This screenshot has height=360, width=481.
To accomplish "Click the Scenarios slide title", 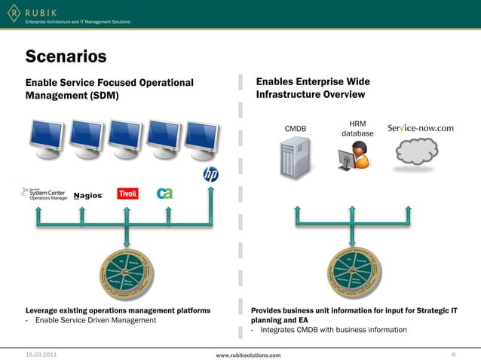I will point(66,56).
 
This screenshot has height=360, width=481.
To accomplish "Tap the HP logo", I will point(210,175).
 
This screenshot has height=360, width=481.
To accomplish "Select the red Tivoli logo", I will point(128,194).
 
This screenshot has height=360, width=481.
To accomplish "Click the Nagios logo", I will point(88,196).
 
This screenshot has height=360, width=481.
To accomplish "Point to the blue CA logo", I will point(164,194).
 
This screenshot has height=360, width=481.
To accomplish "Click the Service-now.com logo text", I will point(420,128).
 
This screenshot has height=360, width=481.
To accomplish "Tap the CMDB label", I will point(295,129).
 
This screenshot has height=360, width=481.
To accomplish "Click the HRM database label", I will point(357,129).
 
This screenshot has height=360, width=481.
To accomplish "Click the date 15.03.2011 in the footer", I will point(41,353).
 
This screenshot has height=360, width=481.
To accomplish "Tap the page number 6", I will point(453,353).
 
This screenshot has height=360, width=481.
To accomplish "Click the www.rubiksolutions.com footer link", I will point(248,354).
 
